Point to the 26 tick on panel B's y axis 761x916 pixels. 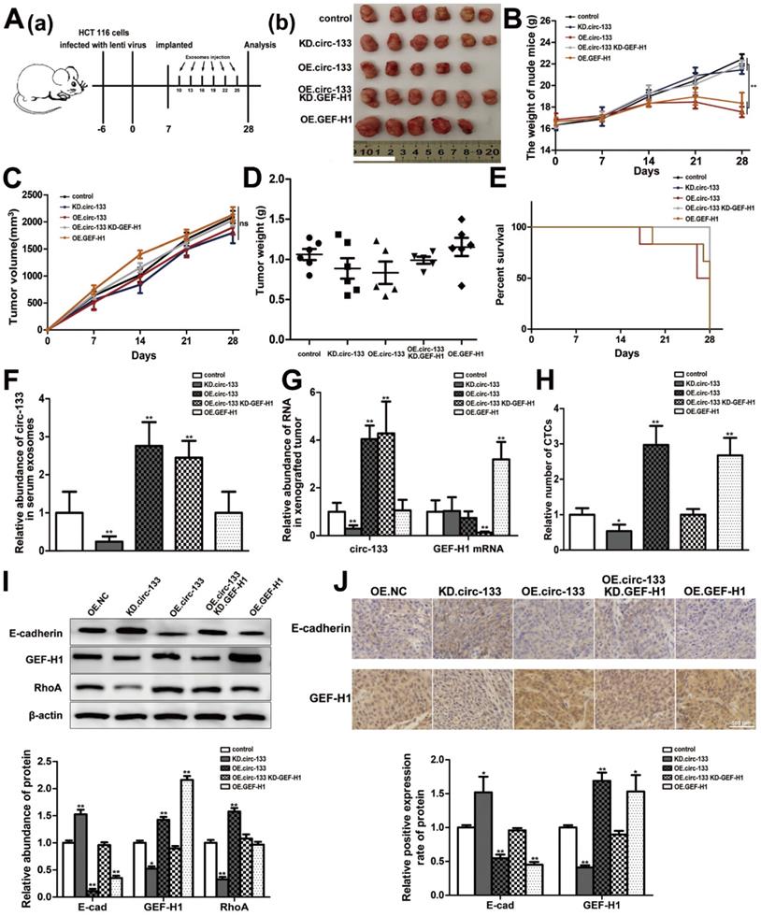click(543, 19)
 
